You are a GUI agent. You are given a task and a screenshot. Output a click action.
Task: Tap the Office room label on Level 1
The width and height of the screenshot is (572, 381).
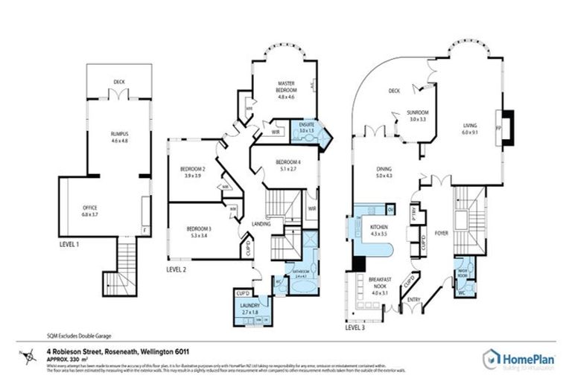[x=90, y=208]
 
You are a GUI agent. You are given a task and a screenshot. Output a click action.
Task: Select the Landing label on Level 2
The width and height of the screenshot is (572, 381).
[x=261, y=224]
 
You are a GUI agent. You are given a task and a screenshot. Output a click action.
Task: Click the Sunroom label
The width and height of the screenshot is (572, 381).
[x=417, y=115]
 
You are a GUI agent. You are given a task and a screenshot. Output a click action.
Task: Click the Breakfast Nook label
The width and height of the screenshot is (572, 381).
[x=380, y=284]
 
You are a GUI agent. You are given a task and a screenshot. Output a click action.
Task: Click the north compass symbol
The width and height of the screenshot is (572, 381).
[x=30, y=357]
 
